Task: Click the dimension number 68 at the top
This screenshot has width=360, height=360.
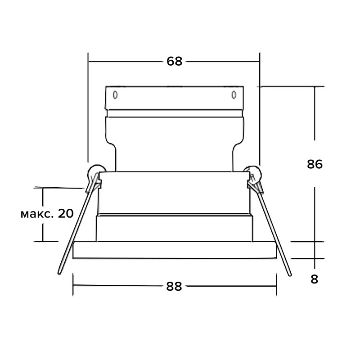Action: coord(174,61)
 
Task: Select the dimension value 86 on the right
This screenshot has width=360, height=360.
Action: coord(315,164)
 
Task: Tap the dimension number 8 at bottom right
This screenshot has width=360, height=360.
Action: coord(314,279)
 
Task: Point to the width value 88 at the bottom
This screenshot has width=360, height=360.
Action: coord(174,286)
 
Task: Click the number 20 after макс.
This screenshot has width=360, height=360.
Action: coord(66,213)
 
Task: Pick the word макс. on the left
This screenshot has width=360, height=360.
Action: coord(37,215)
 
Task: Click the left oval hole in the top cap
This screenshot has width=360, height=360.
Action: coord(115,95)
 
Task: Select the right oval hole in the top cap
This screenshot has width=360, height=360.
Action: coord(234,95)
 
